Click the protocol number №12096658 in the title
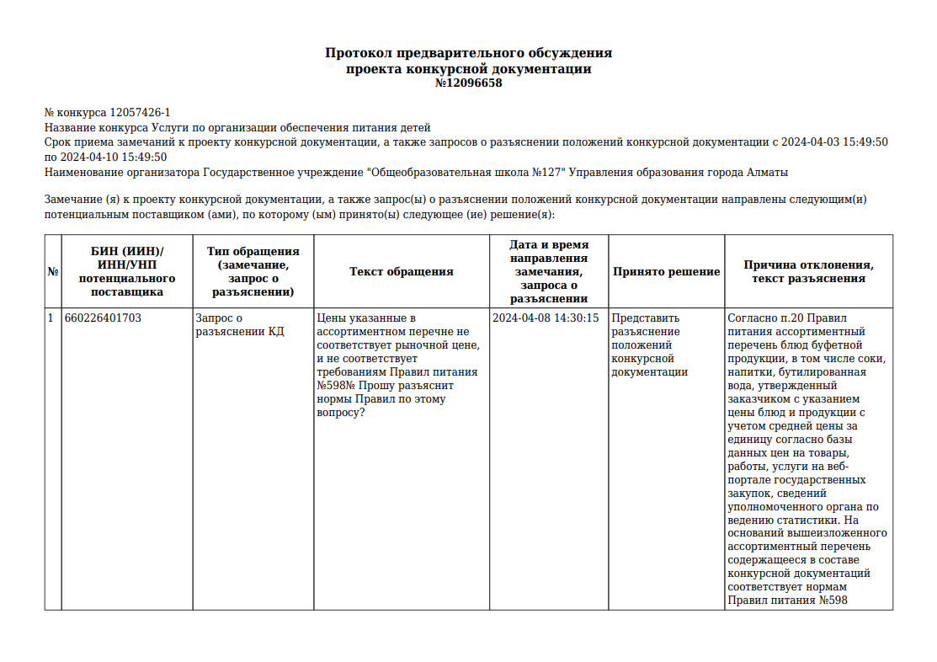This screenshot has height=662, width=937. [468, 83]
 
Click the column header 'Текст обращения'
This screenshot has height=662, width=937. [402, 271]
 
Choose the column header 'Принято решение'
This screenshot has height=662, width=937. [666, 271]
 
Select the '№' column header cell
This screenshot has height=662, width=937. [53, 271]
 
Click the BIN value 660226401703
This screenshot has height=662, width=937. [103, 318]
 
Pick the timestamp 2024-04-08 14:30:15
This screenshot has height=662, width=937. [546, 318]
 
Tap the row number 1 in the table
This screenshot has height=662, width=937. [51, 318]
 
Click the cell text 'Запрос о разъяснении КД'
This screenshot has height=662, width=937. [239, 325]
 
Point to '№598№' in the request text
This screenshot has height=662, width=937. [335, 386]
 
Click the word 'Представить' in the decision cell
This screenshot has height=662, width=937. [645, 318]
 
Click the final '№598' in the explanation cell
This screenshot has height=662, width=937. [828, 601]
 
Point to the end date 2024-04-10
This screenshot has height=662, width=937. [88, 157]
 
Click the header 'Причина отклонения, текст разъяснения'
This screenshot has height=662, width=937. [808, 271]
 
